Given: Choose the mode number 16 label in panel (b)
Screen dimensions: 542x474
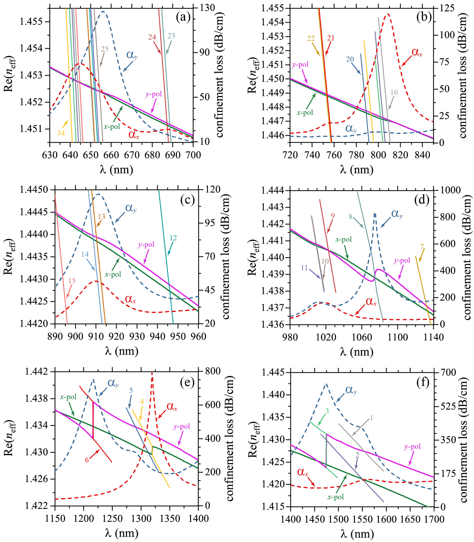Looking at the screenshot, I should tap(394, 92).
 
